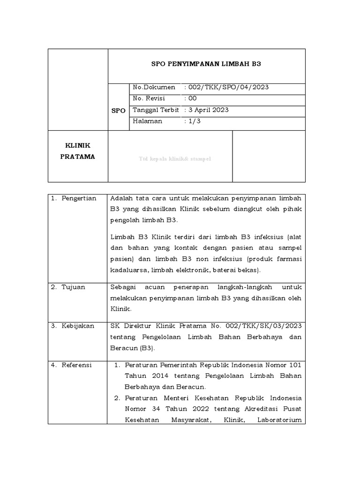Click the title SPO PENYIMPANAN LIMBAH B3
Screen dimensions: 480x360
[206, 64]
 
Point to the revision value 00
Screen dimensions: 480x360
[192, 99]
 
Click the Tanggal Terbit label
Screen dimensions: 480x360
[156, 110]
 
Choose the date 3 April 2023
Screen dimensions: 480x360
[208, 110]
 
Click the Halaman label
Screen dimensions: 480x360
[148, 121]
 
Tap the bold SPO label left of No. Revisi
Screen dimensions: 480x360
[118, 111]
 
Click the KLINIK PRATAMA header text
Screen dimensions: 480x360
[78, 151]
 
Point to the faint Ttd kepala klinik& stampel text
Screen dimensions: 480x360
[174, 159]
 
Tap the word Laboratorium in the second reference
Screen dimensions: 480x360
[279, 420]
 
